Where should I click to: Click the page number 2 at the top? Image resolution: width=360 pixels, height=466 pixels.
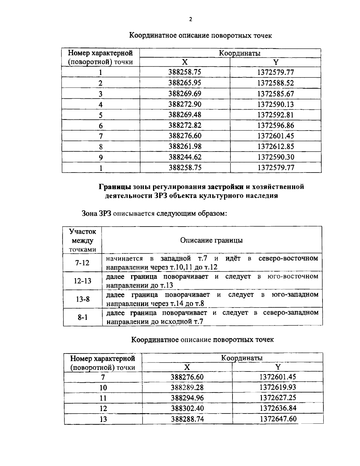tap(190, 20)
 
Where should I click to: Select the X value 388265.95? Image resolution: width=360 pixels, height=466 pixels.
tap(185, 83)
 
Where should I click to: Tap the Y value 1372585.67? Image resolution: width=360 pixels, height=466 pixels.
tap(275, 94)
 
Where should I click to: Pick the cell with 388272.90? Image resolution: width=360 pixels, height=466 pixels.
tap(185, 104)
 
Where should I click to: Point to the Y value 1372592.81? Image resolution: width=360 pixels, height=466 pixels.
tap(275, 115)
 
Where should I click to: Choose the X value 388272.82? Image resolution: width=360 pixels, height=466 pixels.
tap(185, 125)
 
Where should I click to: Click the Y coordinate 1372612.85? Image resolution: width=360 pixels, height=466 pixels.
tap(275, 146)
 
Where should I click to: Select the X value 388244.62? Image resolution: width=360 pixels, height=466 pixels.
tap(185, 157)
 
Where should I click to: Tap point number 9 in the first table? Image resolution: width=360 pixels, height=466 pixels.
tap(101, 157)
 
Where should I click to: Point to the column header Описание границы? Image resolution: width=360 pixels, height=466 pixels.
tap(211, 240)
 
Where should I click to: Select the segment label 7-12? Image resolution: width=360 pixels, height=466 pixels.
tap(82, 263)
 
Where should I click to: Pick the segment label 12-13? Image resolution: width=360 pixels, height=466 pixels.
tap(82, 281)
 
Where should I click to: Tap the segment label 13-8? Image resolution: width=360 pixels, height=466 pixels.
tap(82, 299)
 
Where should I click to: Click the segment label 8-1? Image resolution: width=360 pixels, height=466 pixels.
tap(82, 317)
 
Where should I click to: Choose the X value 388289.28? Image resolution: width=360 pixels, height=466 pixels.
tap(187, 387)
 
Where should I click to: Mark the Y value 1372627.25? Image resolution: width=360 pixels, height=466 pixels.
tap(278, 398)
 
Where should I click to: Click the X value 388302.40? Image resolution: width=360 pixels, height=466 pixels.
tap(187, 408)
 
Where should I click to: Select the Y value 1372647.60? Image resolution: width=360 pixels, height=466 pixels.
tap(278, 419)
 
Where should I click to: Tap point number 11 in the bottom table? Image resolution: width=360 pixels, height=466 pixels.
tap(103, 398)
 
